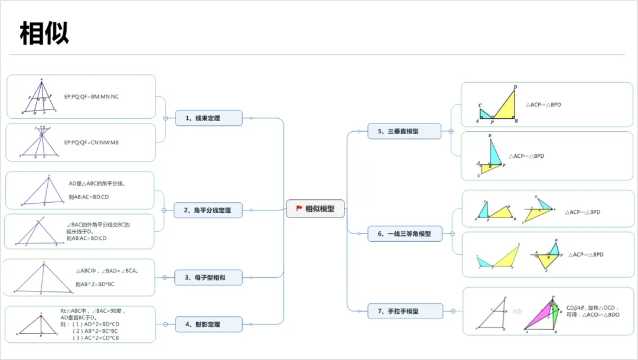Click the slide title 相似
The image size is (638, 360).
(x=44, y=34)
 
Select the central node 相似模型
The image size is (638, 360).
(x=315, y=209)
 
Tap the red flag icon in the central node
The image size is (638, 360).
(x=299, y=209)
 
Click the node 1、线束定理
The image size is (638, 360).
(x=209, y=118)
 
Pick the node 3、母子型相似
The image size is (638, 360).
(x=209, y=278)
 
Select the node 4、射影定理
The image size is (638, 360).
(x=209, y=324)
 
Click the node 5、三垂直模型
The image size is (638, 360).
(x=404, y=131)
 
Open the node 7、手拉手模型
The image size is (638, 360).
(x=405, y=311)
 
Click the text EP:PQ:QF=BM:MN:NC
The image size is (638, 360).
(x=92, y=96)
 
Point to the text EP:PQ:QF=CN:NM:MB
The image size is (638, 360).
(x=92, y=142)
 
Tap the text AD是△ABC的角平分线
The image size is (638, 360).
(x=97, y=184)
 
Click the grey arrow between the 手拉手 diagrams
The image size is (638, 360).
(x=517, y=312)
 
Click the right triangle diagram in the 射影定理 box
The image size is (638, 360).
(x=40, y=326)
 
